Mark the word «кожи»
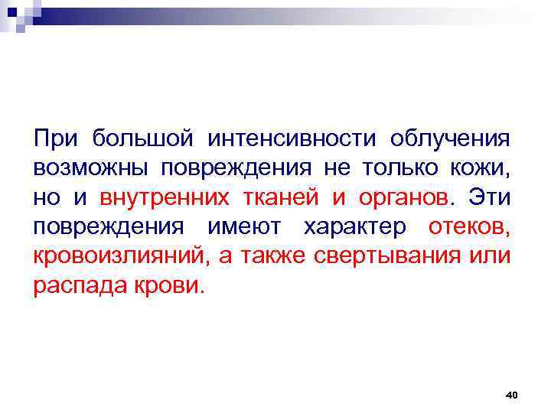[x=480, y=168]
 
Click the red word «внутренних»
[x=164, y=198]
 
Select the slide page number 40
[x=512, y=395]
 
